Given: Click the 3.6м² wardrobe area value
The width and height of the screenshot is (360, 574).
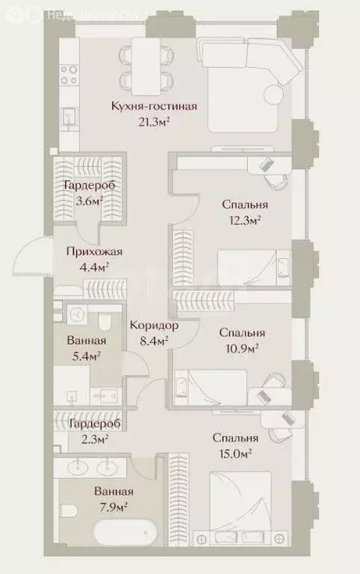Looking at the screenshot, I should tap(89, 200).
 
